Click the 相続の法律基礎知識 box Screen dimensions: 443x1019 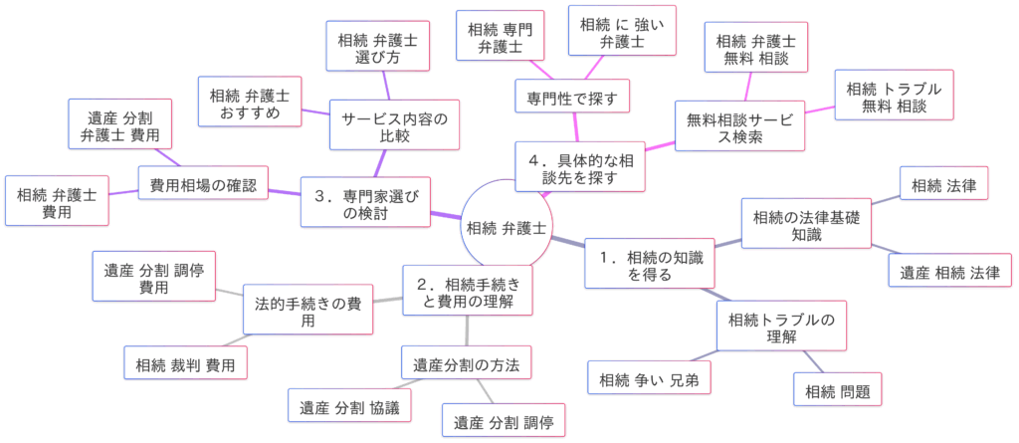[807, 225]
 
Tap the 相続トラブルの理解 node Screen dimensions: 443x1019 [781, 328]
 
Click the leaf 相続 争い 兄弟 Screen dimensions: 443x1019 [649, 378]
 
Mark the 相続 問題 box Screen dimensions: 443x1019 [838, 390]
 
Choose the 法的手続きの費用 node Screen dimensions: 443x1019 [308, 313]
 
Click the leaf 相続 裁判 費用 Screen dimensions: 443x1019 [185, 364]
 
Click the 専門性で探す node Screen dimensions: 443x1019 [572, 98]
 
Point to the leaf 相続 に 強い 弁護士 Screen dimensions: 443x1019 [621, 31]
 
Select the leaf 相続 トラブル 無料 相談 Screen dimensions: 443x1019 [894, 97]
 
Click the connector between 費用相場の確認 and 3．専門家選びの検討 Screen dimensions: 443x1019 [285, 192]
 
